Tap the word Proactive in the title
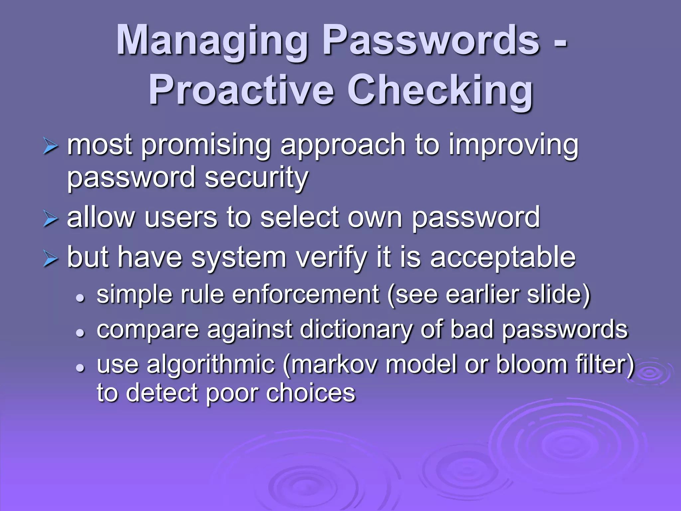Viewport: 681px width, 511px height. point(241,90)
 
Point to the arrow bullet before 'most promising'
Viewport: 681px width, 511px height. point(51,147)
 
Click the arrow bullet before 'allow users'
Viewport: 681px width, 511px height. point(51,220)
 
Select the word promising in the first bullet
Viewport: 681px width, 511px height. point(206,146)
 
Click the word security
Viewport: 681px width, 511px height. point(256,178)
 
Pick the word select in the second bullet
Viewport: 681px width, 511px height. point(299,218)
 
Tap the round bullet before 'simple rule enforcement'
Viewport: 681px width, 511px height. point(80,297)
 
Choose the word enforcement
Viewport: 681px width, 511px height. point(306,294)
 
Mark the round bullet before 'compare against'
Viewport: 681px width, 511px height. point(80,332)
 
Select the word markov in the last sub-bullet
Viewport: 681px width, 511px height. point(334,364)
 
